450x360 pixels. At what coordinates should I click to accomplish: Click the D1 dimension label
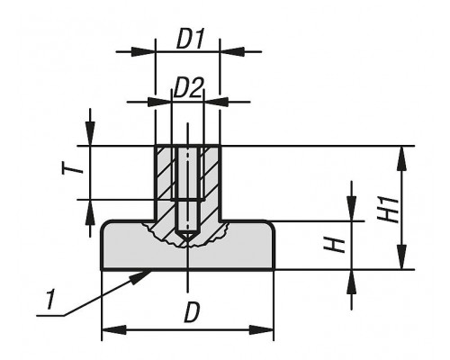point(190,39)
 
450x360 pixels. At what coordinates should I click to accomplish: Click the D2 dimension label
point(188,88)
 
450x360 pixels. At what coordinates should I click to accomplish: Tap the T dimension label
point(72,167)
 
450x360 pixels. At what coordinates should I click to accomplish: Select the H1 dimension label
point(389,209)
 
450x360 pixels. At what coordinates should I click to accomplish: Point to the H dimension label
point(334,245)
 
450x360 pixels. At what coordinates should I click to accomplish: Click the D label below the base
point(191,312)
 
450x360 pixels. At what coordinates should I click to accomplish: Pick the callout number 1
point(51,299)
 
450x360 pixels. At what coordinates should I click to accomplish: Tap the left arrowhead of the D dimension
point(113,330)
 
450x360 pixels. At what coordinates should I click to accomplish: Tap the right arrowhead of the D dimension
point(262,330)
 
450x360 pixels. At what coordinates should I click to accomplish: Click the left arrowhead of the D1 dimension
point(143,51)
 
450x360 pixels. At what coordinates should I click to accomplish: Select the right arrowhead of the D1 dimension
point(232,51)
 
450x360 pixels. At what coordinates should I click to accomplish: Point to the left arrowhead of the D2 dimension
point(159,102)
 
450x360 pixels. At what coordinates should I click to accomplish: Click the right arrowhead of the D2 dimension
point(216,102)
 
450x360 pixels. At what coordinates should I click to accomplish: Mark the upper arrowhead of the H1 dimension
point(402,158)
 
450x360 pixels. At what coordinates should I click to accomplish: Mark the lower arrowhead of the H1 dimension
point(402,257)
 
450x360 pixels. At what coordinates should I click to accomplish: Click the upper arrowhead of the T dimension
point(90,134)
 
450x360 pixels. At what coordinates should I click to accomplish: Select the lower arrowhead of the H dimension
point(352,282)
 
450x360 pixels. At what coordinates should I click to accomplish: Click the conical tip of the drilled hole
point(187,238)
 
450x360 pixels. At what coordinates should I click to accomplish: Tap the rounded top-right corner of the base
point(271,225)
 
